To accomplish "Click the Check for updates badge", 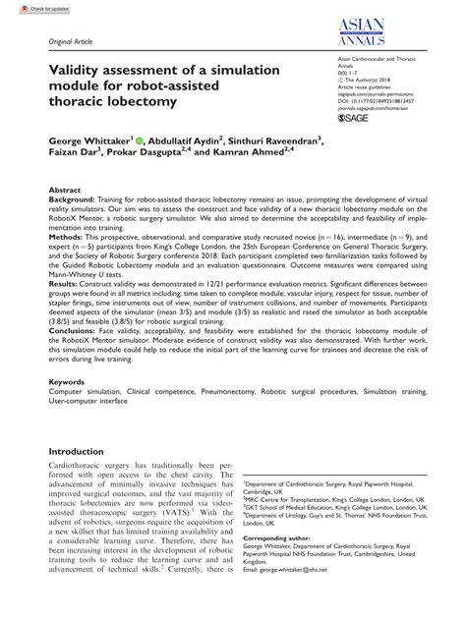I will (27, 8).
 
